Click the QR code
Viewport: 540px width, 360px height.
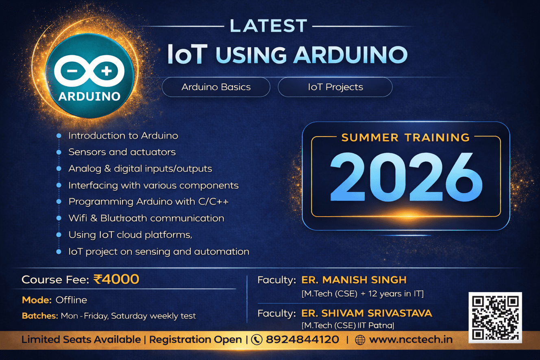(x=495, y=318)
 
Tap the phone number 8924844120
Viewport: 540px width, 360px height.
(x=302, y=340)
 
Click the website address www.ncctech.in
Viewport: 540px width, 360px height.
(x=411, y=340)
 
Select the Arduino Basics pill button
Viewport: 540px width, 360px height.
(x=216, y=87)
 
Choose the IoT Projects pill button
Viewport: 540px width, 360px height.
(x=335, y=87)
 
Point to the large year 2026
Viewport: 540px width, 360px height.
(x=406, y=177)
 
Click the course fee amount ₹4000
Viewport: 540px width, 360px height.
(x=116, y=279)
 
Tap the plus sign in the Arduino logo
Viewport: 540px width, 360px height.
(x=106, y=71)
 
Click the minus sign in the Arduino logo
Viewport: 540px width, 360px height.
(x=72, y=71)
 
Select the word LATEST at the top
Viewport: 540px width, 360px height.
(x=268, y=26)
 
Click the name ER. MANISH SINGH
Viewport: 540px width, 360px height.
(x=354, y=280)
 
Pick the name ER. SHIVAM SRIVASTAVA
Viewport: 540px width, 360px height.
(x=367, y=313)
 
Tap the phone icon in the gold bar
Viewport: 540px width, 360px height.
(x=257, y=340)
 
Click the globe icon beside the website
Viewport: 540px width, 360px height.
(x=360, y=340)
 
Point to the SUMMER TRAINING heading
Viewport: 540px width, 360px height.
(x=406, y=138)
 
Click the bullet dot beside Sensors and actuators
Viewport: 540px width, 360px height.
(x=59, y=152)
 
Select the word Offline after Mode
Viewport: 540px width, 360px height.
(x=71, y=300)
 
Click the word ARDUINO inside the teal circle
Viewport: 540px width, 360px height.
(x=89, y=96)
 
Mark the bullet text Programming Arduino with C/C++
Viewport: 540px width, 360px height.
(x=148, y=202)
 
